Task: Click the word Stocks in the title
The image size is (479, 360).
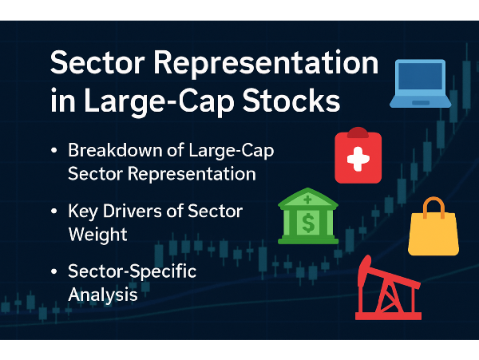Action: pyautogui.click(x=291, y=101)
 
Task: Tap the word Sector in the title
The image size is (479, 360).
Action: pyautogui.click(x=97, y=62)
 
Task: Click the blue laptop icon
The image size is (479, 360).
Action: pyautogui.click(x=421, y=84)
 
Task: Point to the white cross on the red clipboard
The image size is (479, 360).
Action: pyautogui.click(x=358, y=159)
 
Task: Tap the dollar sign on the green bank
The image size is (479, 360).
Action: pyautogui.click(x=308, y=223)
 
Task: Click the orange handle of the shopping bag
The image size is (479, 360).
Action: pyautogui.click(x=433, y=207)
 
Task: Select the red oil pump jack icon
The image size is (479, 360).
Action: pyautogui.click(x=388, y=288)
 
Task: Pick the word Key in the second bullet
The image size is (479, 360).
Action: pyautogui.click(x=83, y=212)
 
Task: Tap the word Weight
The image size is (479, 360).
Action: pyautogui.click(x=97, y=235)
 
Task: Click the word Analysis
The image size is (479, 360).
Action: pyautogui.click(x=103, y=295)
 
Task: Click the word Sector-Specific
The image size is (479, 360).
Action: pyautogui.click(x=133, y=272)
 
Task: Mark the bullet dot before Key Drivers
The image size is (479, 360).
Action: pyautogui.click(x=54, y=211)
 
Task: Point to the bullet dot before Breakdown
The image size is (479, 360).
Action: pyautogui.click(x=54, y=150)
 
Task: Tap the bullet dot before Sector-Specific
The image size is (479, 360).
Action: pyautogui.click(x=54, y=271)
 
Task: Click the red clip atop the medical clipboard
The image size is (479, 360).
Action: pyautogui.click(x=358, y=133)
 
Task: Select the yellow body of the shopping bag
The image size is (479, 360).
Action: pyautogui.click(x=433, y=235)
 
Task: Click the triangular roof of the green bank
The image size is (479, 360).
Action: pyautogui.click(x=308, y=199)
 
